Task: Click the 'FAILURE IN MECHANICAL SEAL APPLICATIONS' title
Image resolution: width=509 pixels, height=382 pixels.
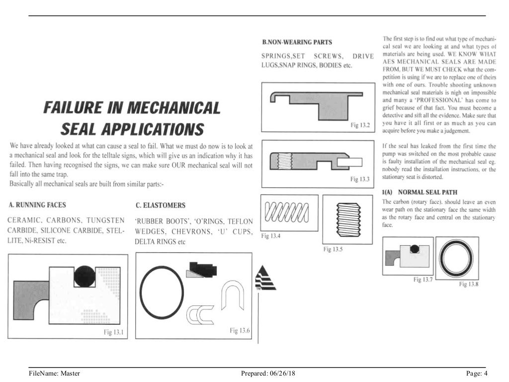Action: [131, 118]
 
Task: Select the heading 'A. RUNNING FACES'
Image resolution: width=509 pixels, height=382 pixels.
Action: [37, 205]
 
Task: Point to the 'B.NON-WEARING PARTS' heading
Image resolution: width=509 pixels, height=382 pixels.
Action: [297, 42]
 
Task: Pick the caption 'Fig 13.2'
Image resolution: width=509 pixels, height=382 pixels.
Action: [361, 125]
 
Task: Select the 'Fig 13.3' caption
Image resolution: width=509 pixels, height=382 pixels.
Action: [361, 179]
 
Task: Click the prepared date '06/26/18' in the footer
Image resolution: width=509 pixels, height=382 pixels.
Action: [282, 373]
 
